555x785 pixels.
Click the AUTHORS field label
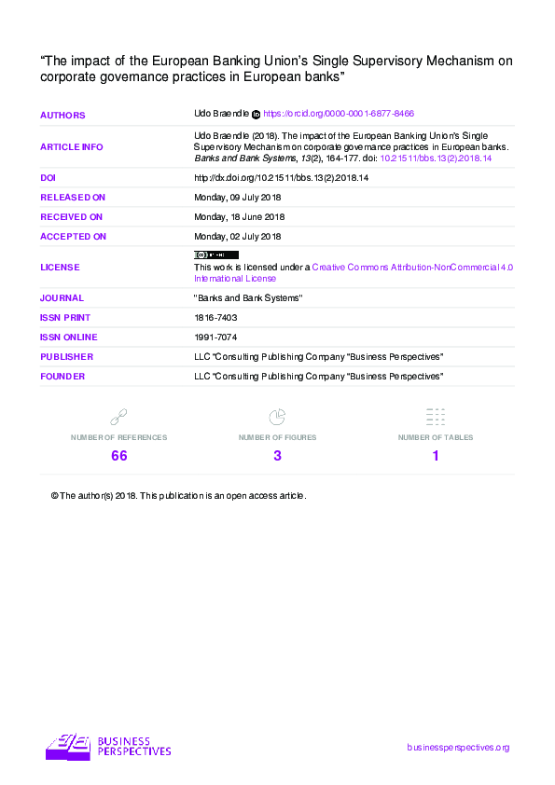click(62, 116)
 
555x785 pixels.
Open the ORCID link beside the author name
click(339, 114)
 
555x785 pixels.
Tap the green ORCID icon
click(257, 114)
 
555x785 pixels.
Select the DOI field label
click(49, 177)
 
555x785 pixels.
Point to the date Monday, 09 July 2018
click(237, 198)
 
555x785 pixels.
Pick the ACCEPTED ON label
click(73, 237)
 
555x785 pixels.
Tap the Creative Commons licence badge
click(215, 255)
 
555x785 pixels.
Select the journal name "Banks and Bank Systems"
click(248, 298)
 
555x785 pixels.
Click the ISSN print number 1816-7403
click(215, 318)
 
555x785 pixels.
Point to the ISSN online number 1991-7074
click(215, 337)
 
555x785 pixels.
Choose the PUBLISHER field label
click(66, 357)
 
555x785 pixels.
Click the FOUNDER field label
click(62, 377)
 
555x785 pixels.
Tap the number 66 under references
click(118, 456)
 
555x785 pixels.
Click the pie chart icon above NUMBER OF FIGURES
click(277, 417)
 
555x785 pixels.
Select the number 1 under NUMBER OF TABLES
click(436, 456)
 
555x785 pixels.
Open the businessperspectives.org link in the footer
click(458, 748)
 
